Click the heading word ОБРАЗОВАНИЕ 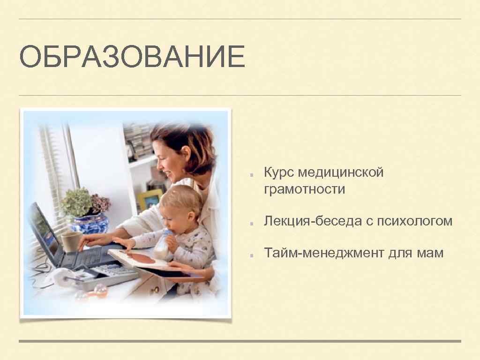tap(132, 57)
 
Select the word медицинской tap(342, 172)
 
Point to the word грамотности tap(304, 189)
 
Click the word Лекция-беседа tap(311, 221)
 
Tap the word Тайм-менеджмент tap(323, 254)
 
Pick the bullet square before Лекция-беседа tap(252, 223)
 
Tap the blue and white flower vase tap(89, 224)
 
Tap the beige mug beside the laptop tap(70, 241)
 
